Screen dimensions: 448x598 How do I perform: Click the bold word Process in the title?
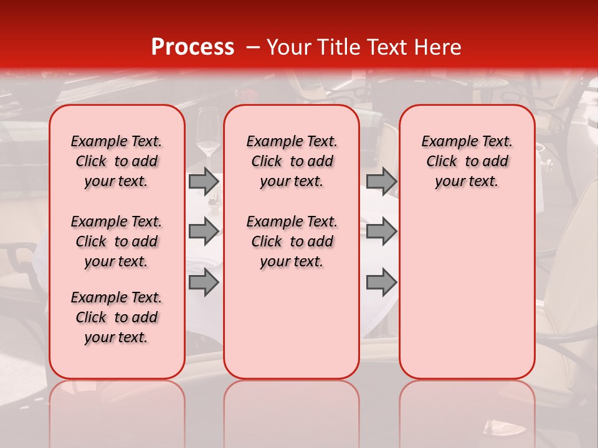tap(192, 47)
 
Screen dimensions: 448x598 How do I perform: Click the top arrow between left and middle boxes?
tap(204, 182)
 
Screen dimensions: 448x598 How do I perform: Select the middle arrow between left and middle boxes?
tap(204, 231)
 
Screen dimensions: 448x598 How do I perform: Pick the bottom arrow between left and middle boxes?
tap(204, 282)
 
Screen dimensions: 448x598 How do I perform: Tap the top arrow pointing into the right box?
tap(381, 182)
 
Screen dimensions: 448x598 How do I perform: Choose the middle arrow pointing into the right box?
tap(381, 231)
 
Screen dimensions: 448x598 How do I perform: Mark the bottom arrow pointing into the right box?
tap(381, 282)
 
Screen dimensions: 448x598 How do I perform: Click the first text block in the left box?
tap(116, 161)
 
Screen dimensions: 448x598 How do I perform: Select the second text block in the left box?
tap(116, 241)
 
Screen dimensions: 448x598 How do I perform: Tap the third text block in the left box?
tap(116, 317)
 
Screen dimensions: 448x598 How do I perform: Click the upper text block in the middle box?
tap(292, 161)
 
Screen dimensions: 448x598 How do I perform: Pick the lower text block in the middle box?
tap(292, 241)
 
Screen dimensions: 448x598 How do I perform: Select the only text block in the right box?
tap(467, 161)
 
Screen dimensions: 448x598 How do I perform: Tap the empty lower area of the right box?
tap(467, 292)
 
